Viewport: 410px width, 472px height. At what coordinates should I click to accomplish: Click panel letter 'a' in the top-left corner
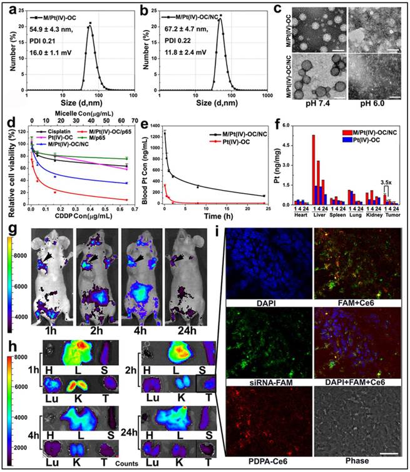[x=8, y=9]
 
